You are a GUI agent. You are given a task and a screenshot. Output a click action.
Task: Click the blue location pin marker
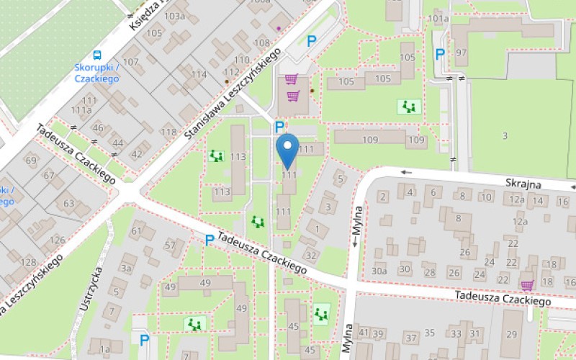point(289,150)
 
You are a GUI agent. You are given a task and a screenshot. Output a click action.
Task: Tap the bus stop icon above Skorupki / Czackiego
point(96,54)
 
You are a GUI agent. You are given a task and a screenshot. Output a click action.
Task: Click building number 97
point(461,53)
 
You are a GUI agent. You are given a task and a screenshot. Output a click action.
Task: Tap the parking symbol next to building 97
point(439,53)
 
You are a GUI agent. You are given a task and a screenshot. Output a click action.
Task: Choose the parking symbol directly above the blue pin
point(280,126)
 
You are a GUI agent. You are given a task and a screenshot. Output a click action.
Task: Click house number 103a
point(174,16)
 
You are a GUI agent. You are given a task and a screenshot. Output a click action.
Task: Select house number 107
point(130,62)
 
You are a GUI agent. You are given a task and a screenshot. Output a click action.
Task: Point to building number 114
point(199,74)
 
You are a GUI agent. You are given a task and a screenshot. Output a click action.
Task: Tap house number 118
point(168,132)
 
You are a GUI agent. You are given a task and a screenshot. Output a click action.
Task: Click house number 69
point(31,160)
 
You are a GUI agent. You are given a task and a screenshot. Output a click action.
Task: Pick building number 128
point(29,262)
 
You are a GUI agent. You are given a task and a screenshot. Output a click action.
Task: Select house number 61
point(137,231)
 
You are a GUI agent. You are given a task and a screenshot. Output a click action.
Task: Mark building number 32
point(311,255)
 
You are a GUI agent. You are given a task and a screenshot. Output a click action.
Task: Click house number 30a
point(379,271)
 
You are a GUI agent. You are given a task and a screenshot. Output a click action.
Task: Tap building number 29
point(511,333)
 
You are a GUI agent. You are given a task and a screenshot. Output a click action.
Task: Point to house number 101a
point(438,18)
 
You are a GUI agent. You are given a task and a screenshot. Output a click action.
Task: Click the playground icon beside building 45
point(320,313)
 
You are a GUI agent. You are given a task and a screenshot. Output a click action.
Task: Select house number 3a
point(127,268)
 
